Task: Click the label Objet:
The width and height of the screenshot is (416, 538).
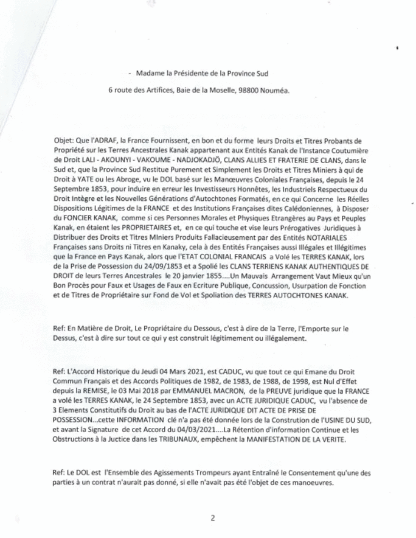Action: [63, 132]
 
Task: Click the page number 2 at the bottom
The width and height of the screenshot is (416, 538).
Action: [212, 519]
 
